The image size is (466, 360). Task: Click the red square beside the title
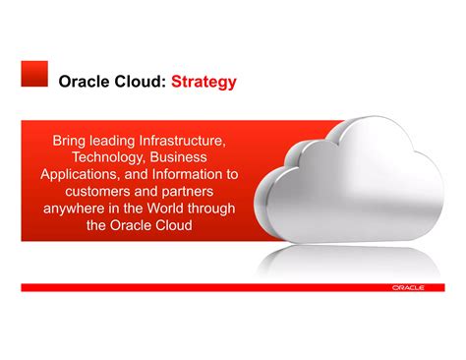tap(34, 75)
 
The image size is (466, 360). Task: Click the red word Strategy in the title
tap(204, 82)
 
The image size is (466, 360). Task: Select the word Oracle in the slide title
tap(85, 82)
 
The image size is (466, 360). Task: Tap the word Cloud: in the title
tap(140, 82)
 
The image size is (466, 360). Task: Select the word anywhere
tap(79, 209)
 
